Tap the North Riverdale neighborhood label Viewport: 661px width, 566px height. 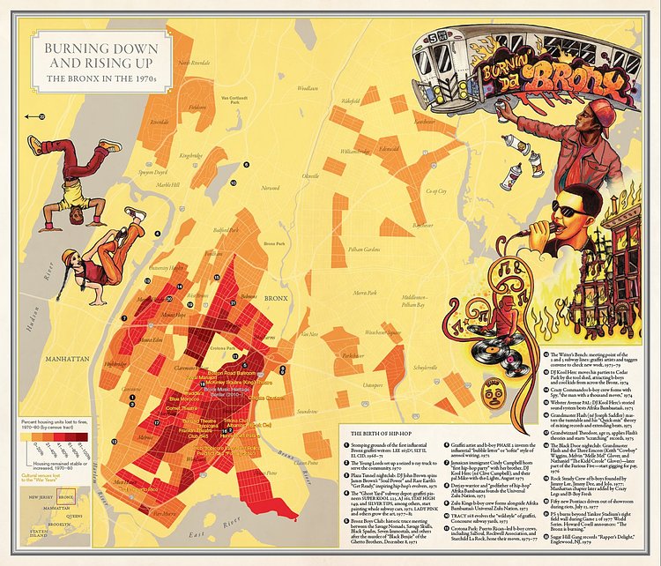(197, 63)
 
